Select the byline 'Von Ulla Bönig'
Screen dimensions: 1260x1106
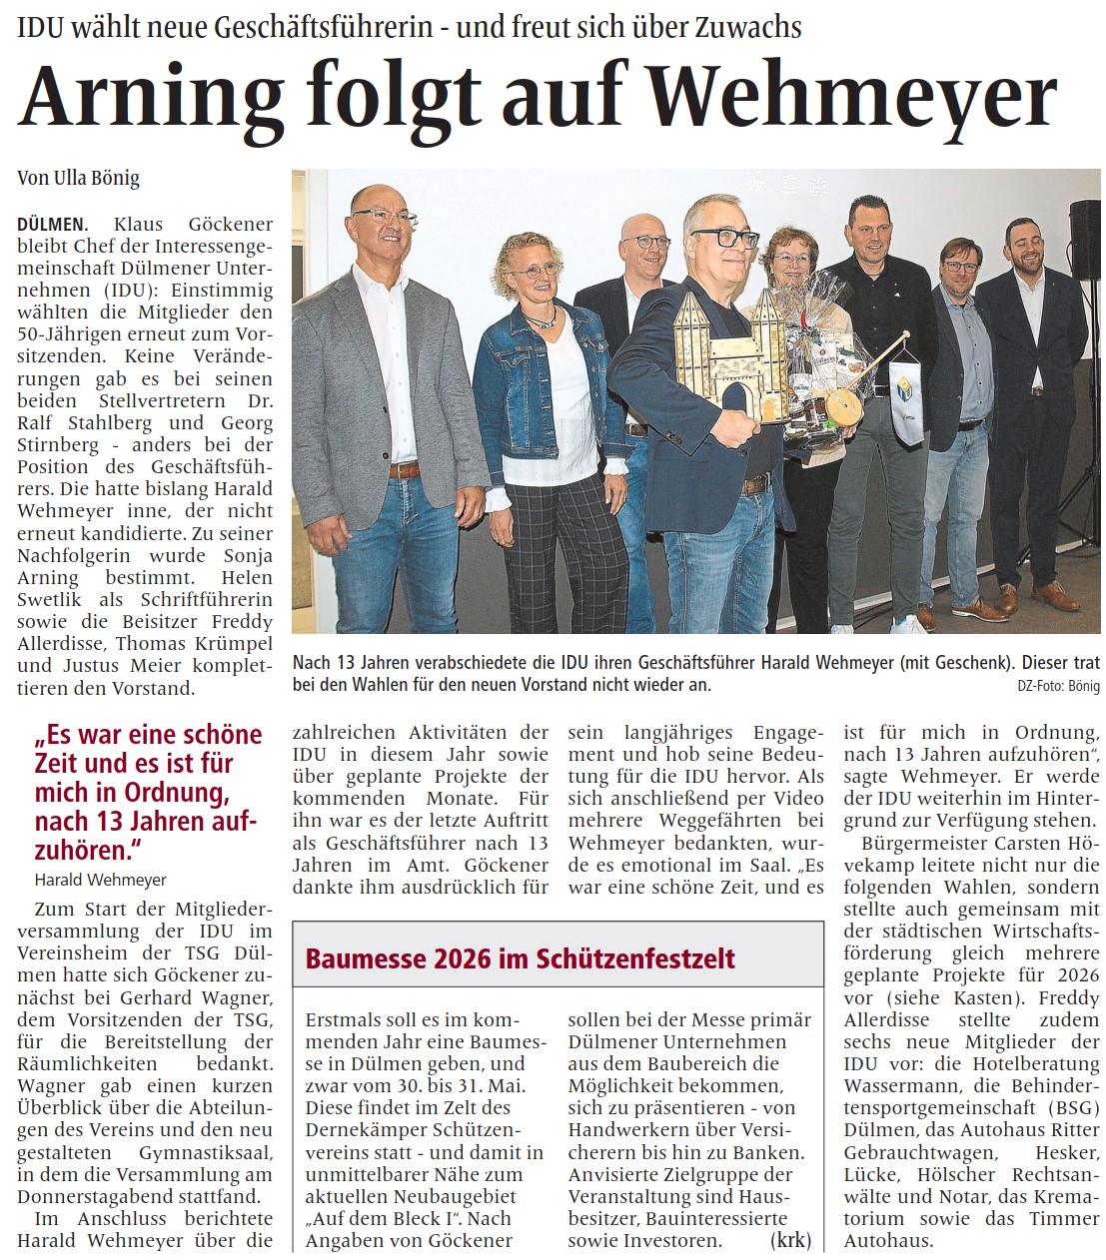pyautogui.click(x=78, y=179)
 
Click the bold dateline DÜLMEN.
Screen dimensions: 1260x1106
pyautogui.click(x=52, y=225)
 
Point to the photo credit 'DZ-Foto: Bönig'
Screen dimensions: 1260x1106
pyautogui.click(x=1058, y=686)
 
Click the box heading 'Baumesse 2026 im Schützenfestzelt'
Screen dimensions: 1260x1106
pyautogui.click(x=520, y=958)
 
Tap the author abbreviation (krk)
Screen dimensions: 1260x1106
pyautogui.click(x=790, y=1240)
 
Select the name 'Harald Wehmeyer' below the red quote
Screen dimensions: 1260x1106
pyautogui.click(x=100, y=880)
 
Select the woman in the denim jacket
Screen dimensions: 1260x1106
pyautogui.click(x=539, y=419)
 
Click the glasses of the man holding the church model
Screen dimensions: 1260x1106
pyautogui.click(x=725, y=238)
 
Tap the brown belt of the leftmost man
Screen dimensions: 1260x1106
pyautogui.click(x=404, y=469)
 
